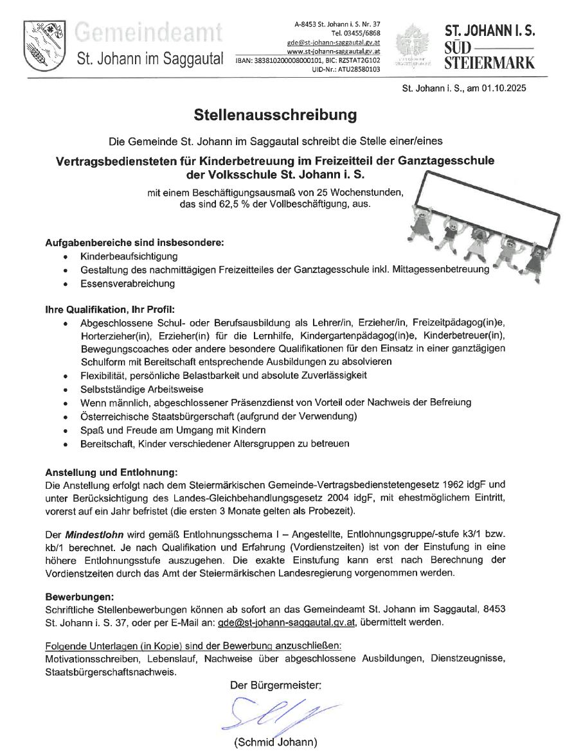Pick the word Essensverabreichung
click(127, 283)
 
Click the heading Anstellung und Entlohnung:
click(107, 472)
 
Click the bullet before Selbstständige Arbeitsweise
click(66, 389)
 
